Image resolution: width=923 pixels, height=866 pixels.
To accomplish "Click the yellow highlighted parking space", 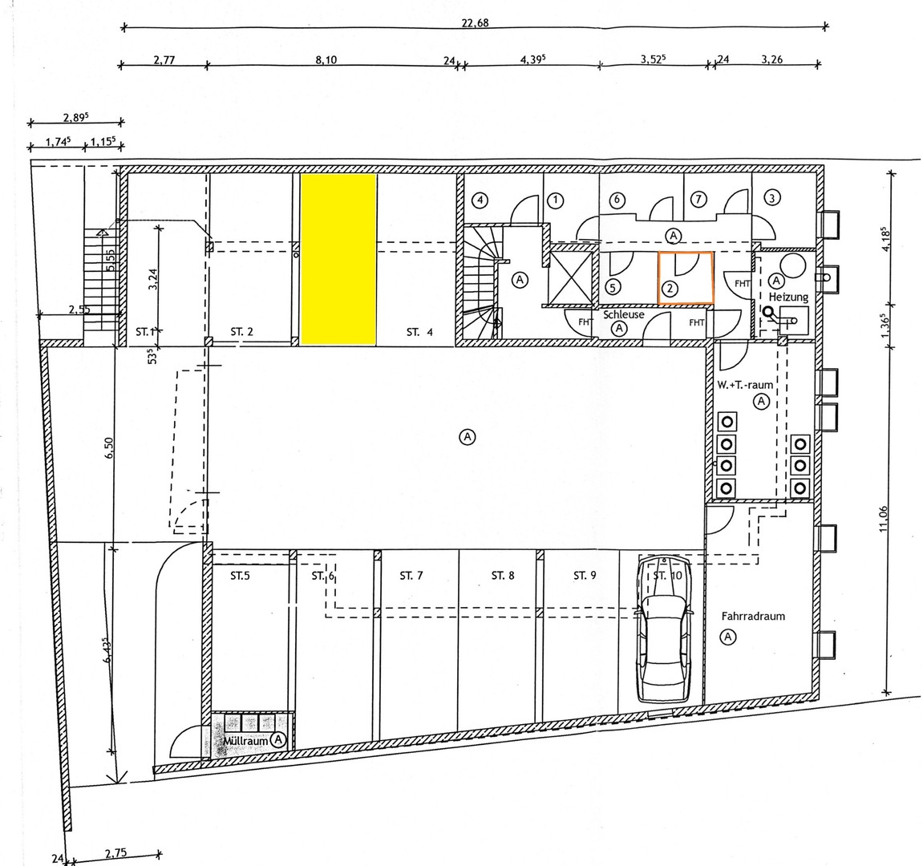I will point(338,260).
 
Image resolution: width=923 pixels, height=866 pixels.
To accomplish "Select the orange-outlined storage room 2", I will point(685,277).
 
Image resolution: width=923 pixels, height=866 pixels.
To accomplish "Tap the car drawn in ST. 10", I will point(662,629).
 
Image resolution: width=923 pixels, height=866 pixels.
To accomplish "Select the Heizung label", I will point(777,297).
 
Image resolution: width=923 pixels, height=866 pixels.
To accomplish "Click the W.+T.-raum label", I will point(745,385).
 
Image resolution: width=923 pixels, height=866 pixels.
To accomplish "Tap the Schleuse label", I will point(625,315).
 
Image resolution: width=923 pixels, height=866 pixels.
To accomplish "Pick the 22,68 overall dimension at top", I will point(475,22).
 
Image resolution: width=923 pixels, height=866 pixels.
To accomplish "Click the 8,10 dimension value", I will point(326,59).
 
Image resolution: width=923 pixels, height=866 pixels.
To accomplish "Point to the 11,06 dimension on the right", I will point(884,520).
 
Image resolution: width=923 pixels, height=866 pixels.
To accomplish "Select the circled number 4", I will point(480,199).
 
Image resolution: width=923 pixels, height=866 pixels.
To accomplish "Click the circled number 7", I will point(698,198).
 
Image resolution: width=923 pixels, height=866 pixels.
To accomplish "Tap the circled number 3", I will point(771,197).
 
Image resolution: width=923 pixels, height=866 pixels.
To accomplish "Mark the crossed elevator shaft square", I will point(568,277).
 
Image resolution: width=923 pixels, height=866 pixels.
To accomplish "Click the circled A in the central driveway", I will point(468,436).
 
